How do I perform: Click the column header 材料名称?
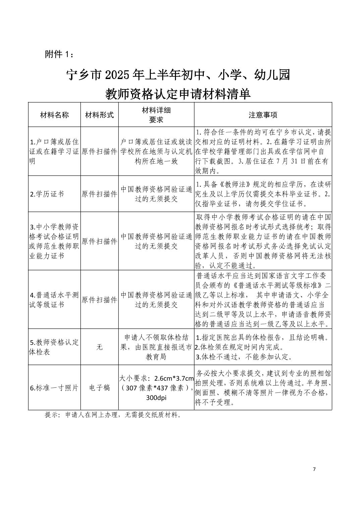coord(54,115)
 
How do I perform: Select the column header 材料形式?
coord(100,115)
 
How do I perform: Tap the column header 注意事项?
coord(263,115)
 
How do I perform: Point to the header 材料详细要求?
coord(156,115)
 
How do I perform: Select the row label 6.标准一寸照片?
coord(54,388)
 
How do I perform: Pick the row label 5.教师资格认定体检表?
coord(54,347)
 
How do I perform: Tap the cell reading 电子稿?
coord(100,388)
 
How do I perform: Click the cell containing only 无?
coord(100,347)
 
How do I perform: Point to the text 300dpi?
coord(156,398)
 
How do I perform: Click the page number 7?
coord(314,469)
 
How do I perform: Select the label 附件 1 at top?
coord(58,54)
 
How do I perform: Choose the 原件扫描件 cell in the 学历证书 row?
coord(100,194)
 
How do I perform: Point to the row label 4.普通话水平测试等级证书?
coord(54,300)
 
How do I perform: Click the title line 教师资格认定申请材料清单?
coord(178,94)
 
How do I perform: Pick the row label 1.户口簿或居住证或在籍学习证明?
coord(54,151)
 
